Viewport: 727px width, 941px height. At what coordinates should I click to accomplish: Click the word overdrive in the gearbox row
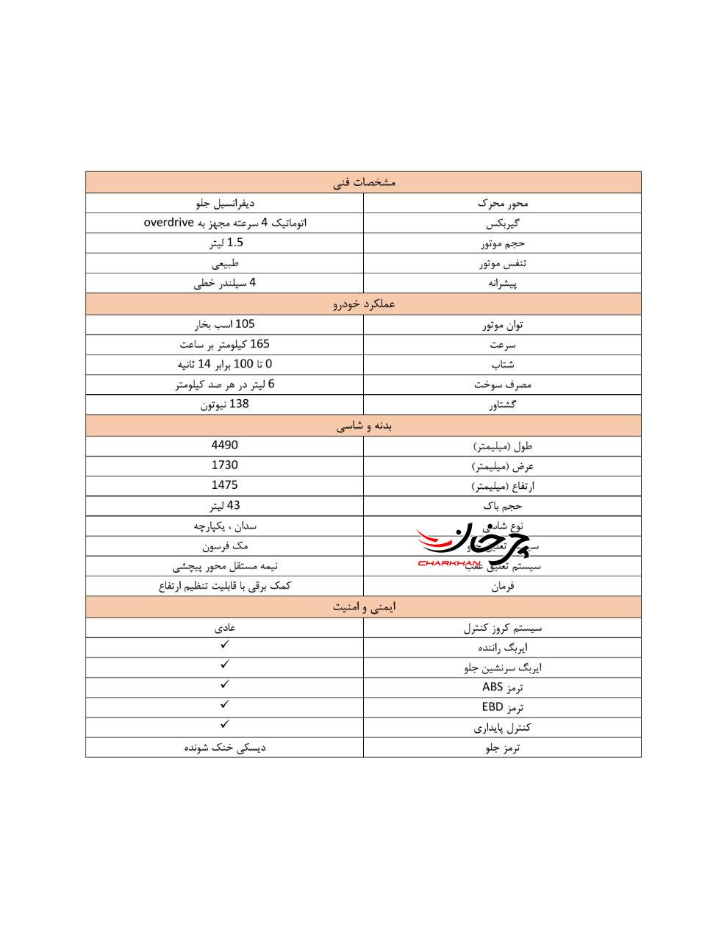pos(168,222)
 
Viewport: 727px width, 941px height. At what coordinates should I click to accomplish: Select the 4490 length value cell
pos(224,445)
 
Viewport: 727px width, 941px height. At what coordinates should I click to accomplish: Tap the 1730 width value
pos(224,465)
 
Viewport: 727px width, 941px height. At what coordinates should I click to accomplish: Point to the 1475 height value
pos(224,484)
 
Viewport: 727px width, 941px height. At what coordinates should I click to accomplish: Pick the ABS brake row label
pos(502,687)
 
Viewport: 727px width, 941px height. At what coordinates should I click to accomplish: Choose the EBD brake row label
pos(502,707)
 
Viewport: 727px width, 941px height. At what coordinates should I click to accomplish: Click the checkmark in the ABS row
pos(225,684)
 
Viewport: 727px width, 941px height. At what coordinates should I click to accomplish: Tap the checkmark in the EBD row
pos(225,704)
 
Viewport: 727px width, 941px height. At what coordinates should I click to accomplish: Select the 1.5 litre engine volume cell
pos(224,243)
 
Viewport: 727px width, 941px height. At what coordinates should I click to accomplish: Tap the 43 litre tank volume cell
pos(224,505)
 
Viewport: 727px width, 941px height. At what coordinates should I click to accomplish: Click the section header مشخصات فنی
pos(364,182)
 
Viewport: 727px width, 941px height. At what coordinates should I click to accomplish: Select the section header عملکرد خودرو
pos(364,304)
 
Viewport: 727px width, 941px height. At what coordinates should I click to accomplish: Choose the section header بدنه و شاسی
pos(364,426)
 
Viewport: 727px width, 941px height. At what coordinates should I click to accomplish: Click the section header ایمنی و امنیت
pos(364,607)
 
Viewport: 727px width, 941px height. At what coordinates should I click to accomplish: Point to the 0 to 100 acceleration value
pos(224,364)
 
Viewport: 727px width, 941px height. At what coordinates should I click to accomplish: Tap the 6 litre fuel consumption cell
pos(224,384)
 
